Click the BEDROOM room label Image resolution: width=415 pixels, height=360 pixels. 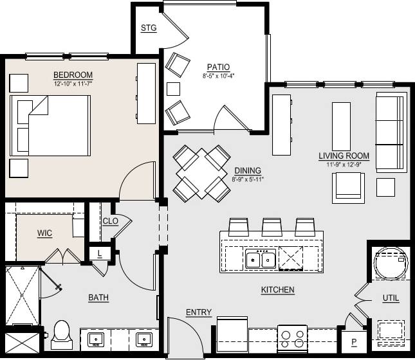73,75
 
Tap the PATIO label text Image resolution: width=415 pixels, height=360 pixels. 219,67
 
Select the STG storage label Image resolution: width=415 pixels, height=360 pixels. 149,28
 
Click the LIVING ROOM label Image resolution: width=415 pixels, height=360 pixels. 344,156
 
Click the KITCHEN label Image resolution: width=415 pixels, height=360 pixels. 277,290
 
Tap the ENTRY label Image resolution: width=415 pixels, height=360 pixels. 198,312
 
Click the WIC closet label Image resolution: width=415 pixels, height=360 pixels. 44,232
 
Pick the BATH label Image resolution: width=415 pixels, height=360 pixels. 98,298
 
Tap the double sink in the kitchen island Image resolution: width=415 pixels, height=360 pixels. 261,260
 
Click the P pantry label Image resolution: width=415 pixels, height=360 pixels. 353,341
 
